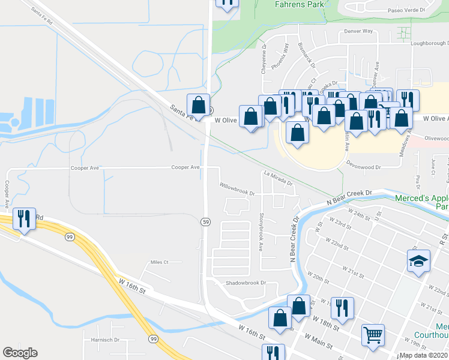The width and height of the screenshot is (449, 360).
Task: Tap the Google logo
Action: [x=20, y=353]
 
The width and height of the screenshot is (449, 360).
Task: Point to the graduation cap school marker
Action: [x=418, y=262]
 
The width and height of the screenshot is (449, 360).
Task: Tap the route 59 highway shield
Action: [x=205, y=222]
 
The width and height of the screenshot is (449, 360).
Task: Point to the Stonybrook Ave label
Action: [x=261, y=231]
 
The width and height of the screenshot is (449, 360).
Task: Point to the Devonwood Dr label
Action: [x=364, y=162]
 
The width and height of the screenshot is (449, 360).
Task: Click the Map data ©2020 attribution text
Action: [x=423, y=355]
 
